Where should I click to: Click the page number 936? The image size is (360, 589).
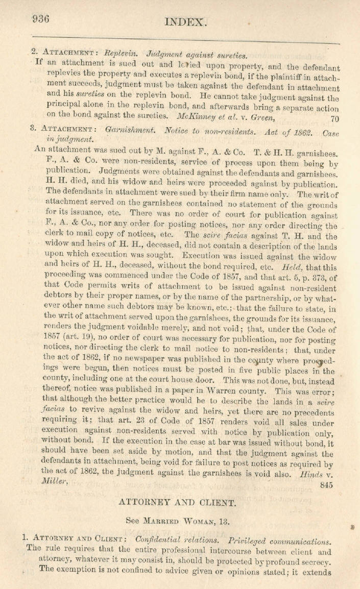(x=40, y=19)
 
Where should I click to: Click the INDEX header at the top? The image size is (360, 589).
(x=186, y=22)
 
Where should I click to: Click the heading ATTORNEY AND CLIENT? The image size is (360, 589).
(x=177, y=488)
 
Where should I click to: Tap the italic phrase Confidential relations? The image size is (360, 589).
(x=180, y=541)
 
